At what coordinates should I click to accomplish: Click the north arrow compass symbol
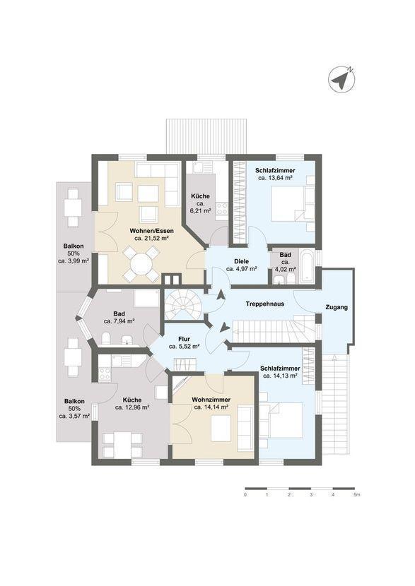coord(341,80)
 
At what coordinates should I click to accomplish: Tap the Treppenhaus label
coord(265,304)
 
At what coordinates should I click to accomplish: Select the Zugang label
coord(337,308)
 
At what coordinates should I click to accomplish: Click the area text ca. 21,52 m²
coord(151,238)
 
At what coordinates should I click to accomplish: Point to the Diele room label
coord(241,262)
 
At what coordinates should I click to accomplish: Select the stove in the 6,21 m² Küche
coord(222,208)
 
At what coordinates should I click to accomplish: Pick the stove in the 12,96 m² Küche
coord(105,373)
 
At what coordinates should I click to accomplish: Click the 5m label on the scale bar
coord(356,495)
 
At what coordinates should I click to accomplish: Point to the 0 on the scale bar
coord(245,495)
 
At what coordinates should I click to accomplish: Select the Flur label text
coord(184,340)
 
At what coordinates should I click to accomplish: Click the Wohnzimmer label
coord(211,400)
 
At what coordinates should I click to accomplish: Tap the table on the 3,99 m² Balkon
coord(73,208)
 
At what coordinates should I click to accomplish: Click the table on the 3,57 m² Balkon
coord(73,357)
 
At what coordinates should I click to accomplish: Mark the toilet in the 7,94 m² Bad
coord(105,339)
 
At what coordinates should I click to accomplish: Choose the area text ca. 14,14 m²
coord(212,407)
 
